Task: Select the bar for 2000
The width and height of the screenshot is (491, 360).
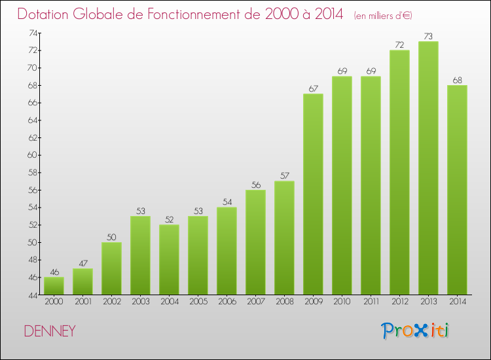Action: point(54,285)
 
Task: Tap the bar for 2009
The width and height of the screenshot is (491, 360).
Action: point(313,194)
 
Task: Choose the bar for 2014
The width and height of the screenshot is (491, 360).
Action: point(457,190)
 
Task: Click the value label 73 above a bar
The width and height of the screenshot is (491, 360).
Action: point(428,36)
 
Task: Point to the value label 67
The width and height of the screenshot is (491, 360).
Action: point(313,88)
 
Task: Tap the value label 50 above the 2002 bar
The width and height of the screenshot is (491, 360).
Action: point(111,237)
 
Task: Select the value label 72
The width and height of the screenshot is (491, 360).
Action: point(399,45)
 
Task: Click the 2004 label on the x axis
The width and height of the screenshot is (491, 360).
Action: point(169,301)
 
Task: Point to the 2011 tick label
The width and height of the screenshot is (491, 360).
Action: point(371,301)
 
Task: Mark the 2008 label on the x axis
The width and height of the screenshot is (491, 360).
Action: point(284,301)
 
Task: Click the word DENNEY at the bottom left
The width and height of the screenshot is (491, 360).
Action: point(50,331)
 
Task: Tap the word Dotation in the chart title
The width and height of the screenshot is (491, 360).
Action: point(44,14)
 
